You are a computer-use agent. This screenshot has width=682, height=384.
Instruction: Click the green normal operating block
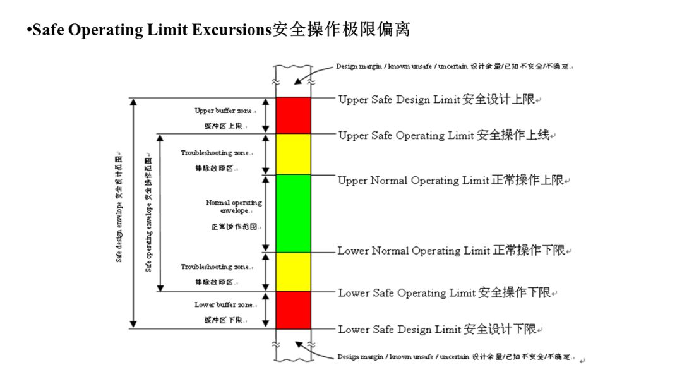click(x=293, y=213)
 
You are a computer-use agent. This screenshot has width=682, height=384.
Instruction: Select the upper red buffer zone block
click(x=293, y=115)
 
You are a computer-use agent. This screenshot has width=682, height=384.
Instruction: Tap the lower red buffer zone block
click(x=293, y=309)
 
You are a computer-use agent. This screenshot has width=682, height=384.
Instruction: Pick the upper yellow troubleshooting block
click(x=293, y=153)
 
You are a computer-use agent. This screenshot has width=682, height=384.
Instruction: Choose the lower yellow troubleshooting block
click(x=293, y=272)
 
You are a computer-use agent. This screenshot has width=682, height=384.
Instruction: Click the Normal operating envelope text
click(x=234, y=207)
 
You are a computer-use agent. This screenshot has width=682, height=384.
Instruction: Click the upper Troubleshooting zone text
click(x=217, y=153)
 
